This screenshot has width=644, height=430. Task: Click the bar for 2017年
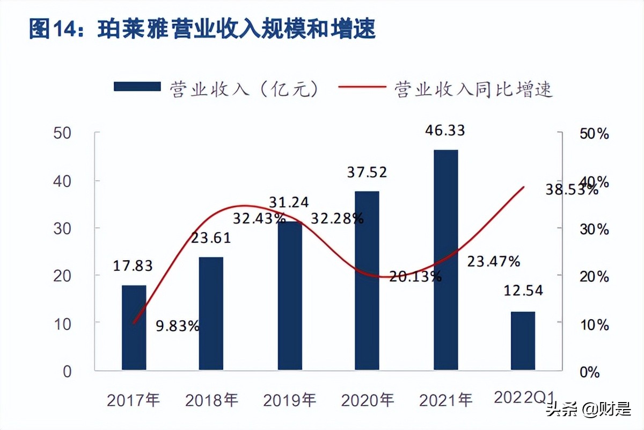pos(134,327)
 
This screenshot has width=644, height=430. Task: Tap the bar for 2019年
pos(290,296)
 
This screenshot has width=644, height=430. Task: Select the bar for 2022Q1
pos(523,341)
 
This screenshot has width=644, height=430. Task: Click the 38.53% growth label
pos(570,190)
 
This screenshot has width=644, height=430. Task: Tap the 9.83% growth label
pos(178,325)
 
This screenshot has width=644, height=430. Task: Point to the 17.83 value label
pos(133,266)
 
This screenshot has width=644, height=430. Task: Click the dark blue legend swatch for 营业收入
pos(137,87)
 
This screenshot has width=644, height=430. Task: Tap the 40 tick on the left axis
pos(63,181)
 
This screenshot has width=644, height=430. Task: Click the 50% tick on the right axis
pos(595,134)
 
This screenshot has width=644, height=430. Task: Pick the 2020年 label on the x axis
pos(368,400)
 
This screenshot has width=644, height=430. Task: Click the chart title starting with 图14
pos(202,30)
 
